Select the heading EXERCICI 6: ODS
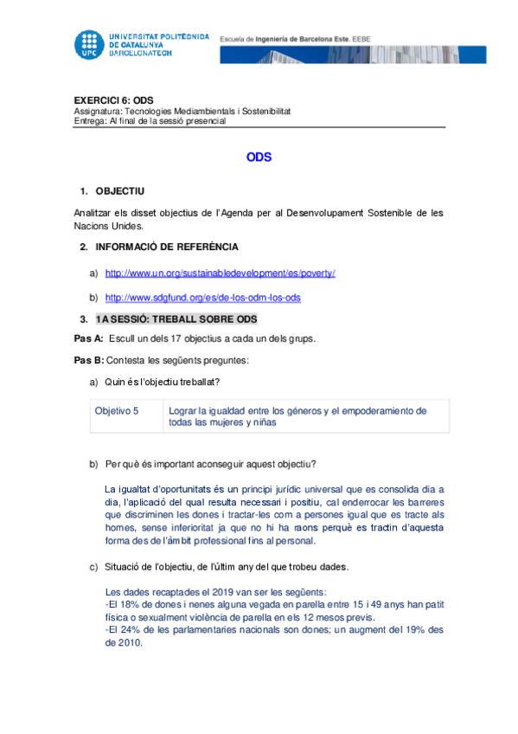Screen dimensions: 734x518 click(113, 100)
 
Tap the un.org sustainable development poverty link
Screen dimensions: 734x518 click(220, 273)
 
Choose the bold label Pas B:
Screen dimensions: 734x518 click(89, 359)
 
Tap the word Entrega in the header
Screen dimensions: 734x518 click(90, 121)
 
